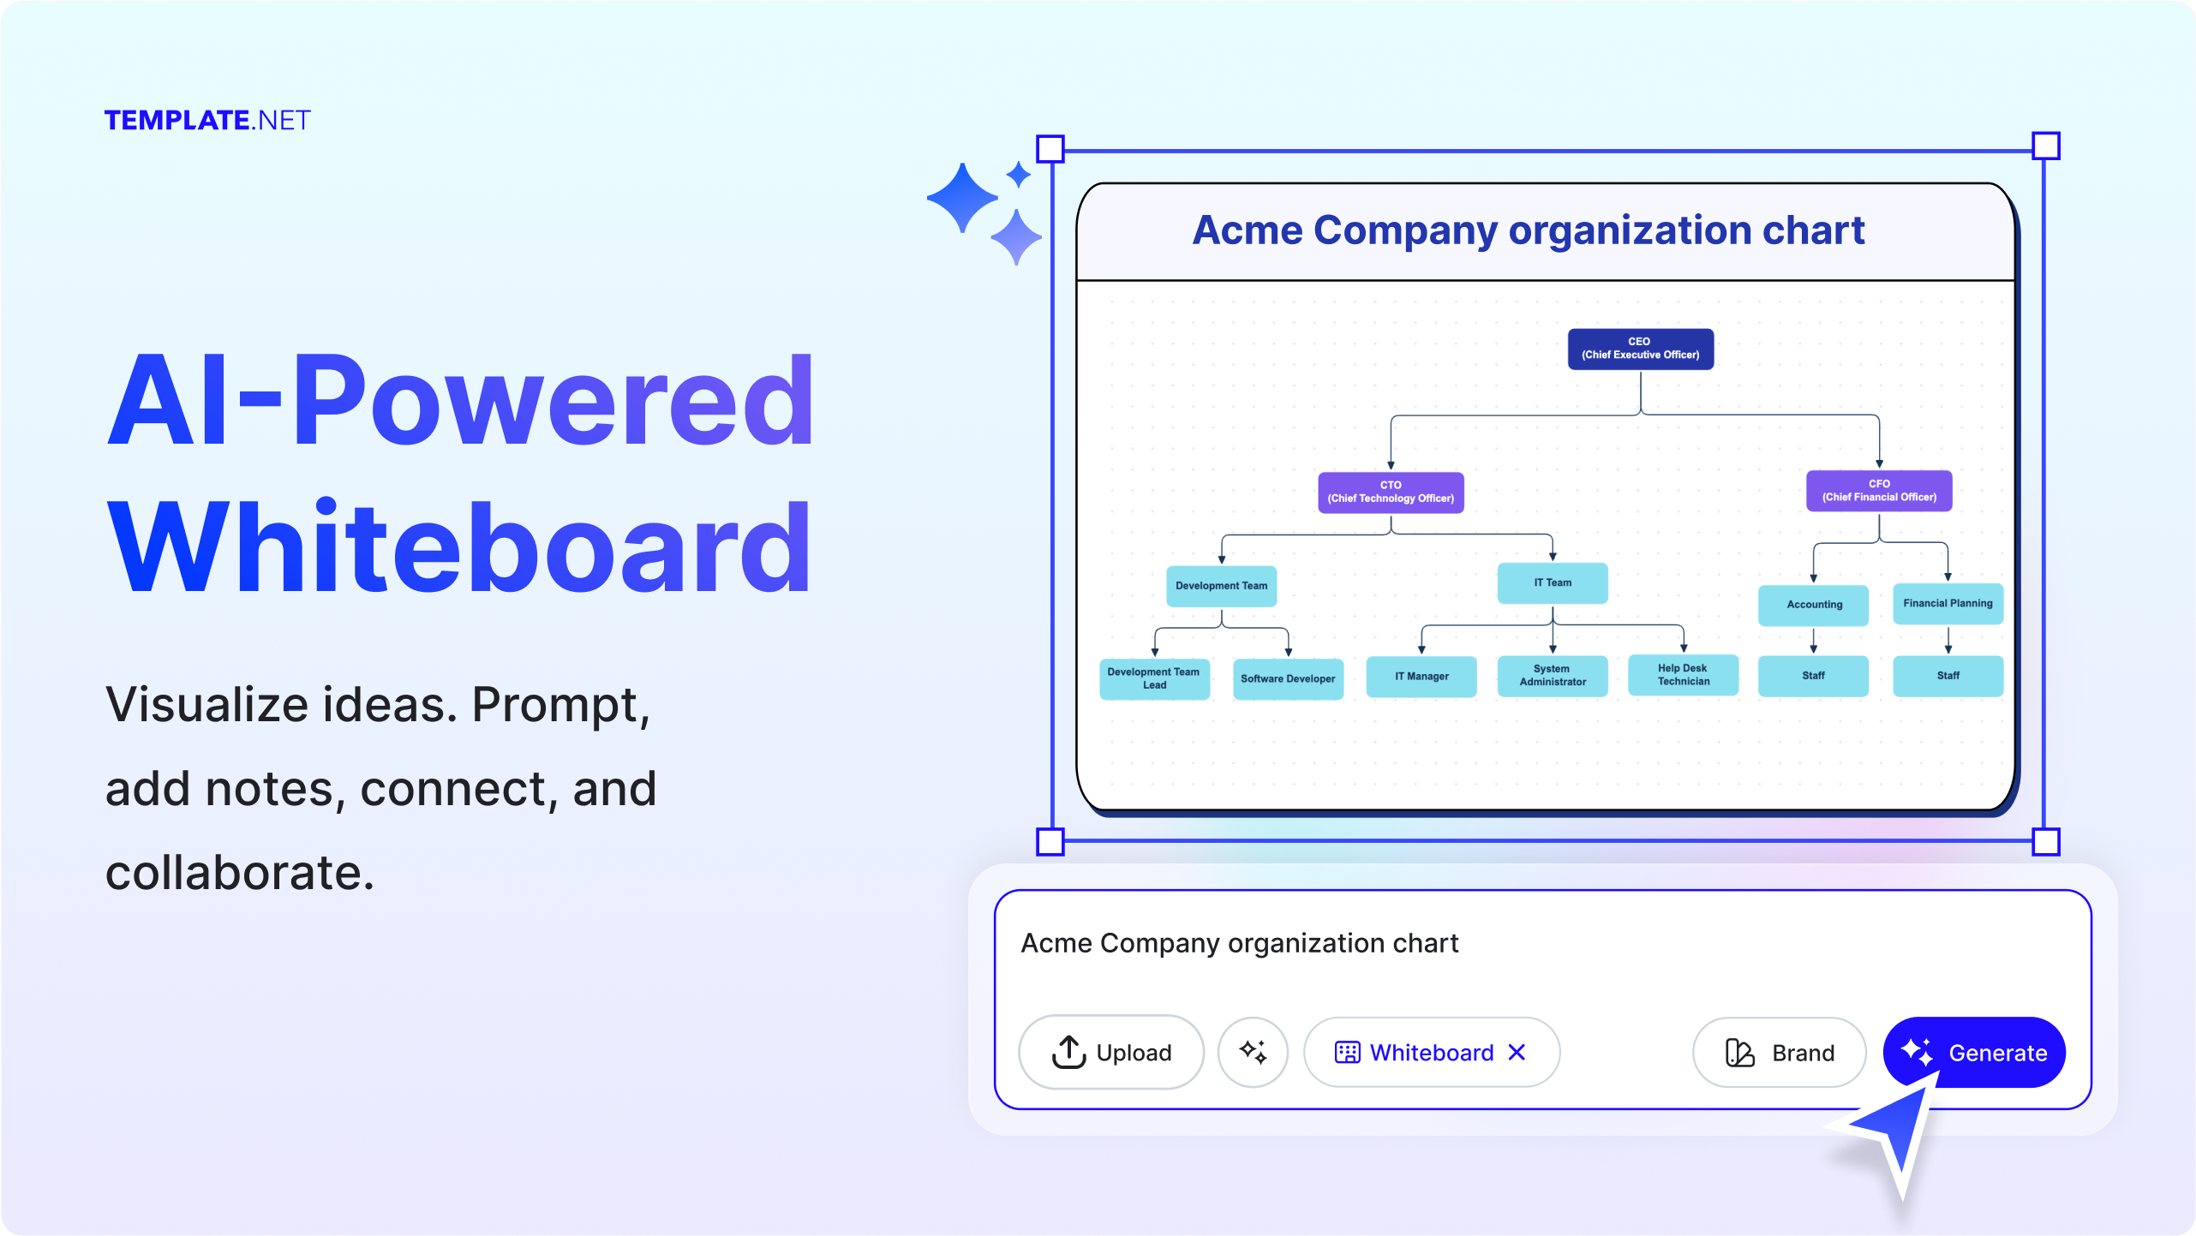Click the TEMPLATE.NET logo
point(206,120)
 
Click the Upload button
point(1110,1052)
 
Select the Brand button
point(1779,1052)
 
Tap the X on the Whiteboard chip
point(1517,1052)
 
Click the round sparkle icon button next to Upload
point(1253,1052)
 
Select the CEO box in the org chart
point(1640,349)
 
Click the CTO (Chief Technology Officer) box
point(1390,493)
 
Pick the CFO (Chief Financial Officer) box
point(1878,491)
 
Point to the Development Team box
point(1221,586)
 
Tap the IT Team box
point(1552,583)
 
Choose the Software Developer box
point(1287,679)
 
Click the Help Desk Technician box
point(1683,675)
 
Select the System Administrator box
point(1552,676)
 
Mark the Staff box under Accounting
point(1813,676)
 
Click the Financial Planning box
point(1947,604)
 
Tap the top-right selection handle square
point(2045,146)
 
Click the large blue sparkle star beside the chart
point(963,198)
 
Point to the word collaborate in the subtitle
point(240,873)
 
